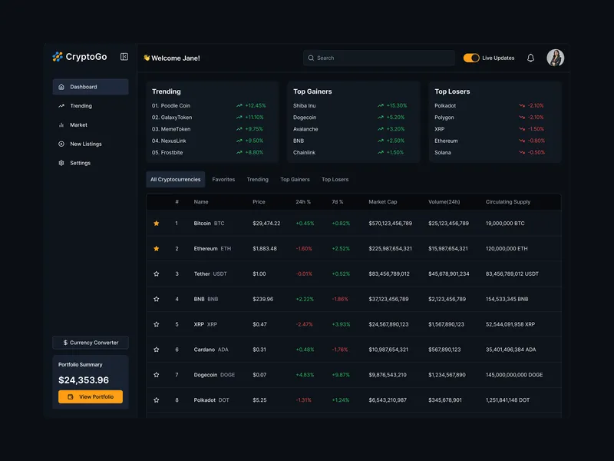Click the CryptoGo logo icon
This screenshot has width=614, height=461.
click(x=58, y=57)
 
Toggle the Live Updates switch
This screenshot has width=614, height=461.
click(x=471, y=58)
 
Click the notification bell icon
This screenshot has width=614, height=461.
click(x=530, y=58)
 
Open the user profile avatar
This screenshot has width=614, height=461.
click(x=555, y=58)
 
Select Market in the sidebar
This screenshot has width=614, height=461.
click(x=78, y=124)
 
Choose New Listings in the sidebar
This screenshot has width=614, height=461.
click(x=85, y=144)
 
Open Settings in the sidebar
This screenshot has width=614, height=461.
click(x=80, y=163)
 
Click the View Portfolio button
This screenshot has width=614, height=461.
click(x=91, y=396)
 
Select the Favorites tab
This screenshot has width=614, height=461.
click(x=223, y=180)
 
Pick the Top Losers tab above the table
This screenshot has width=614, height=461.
click(x=335, y=180)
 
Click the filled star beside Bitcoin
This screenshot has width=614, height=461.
click(x=157, y=224)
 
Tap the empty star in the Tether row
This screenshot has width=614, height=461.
click(x=157, y=274)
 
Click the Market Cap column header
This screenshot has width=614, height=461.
click(x=383, y=202)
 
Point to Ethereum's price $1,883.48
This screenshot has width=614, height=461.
click(x=265, y=249)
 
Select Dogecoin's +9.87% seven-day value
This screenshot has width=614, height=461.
click(x=341, y=375)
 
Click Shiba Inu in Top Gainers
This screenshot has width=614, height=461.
click(x=305, y=105)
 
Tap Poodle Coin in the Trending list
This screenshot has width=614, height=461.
click(x=175, y=105)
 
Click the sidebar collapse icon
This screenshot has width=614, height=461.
click(x=124, y=57)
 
